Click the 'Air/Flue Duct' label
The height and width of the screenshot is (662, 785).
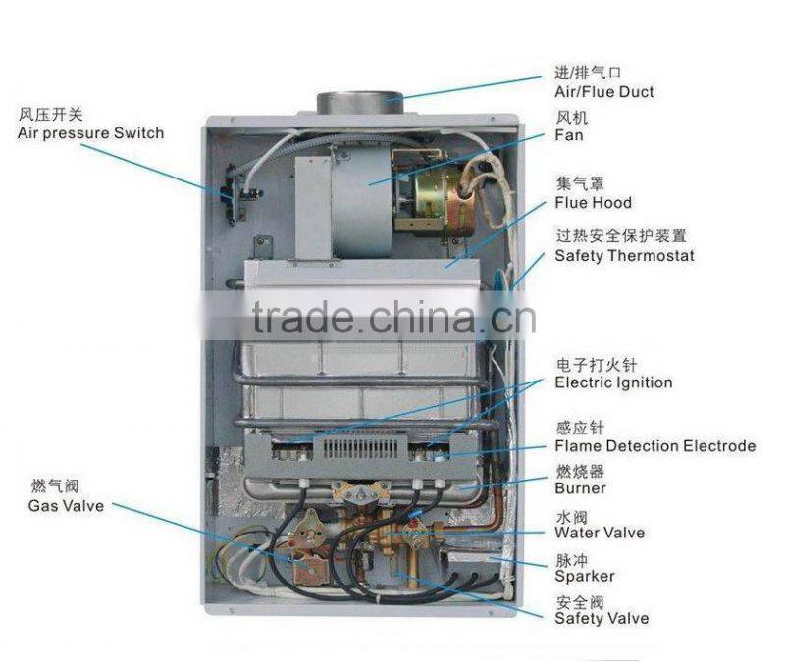pyautogui.click(x=603, y=92)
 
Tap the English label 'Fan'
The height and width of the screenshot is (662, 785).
pyautogui.click(x=569, y=135)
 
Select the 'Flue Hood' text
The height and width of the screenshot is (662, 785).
pyautogui.click(x=593, y=203)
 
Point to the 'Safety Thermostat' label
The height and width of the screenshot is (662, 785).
pyautogui.click(x=624, y=255)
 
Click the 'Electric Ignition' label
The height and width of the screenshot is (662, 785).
pyautogui.click(x=613, y=382)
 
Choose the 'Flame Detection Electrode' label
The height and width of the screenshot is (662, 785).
pyautogui.click(x=654, y=446)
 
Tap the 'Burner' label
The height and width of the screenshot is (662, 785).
pyautogui.click(x=580, y=488)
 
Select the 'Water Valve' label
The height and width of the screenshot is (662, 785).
pyautogui.click(x=600, y=533)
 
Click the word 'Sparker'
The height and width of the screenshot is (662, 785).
pyautogui.click(x=585, y=576)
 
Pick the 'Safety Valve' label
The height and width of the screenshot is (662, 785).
pyautogui.click(x=602, y=619)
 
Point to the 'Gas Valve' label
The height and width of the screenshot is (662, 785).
pyautogui.click(x=66, y=506)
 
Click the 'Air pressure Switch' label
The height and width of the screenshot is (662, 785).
pyautogui.click(x=90, y=132)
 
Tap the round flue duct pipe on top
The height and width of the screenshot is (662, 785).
pyautogui.click(x=359, y=101)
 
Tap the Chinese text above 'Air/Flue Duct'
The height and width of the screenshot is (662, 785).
pyautogui.click(x=588, y=73)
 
